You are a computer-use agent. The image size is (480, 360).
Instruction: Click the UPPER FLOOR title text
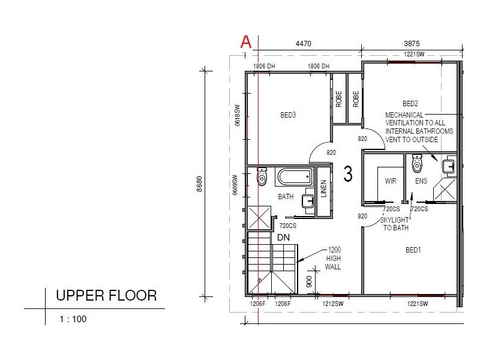coord(106,295)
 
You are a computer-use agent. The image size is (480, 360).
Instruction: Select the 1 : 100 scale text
coord(73,319)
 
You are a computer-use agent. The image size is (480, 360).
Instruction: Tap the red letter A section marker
coord(245,42)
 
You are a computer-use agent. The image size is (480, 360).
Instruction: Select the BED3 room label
coord(288,115)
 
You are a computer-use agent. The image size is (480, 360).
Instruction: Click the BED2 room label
coord(410,103)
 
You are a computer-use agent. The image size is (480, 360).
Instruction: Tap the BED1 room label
coord(413,250)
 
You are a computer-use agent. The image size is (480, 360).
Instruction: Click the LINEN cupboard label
coord(323,189)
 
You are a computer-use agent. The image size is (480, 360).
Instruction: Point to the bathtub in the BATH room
coord(295,177)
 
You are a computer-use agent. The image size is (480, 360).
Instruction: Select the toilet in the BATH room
coord(262,176)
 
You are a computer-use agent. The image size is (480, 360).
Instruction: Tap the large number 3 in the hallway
coord(348,174)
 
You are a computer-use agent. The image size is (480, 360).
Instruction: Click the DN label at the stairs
coord(284,238)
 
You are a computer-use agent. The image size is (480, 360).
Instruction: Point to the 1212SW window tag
coord(333,305)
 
